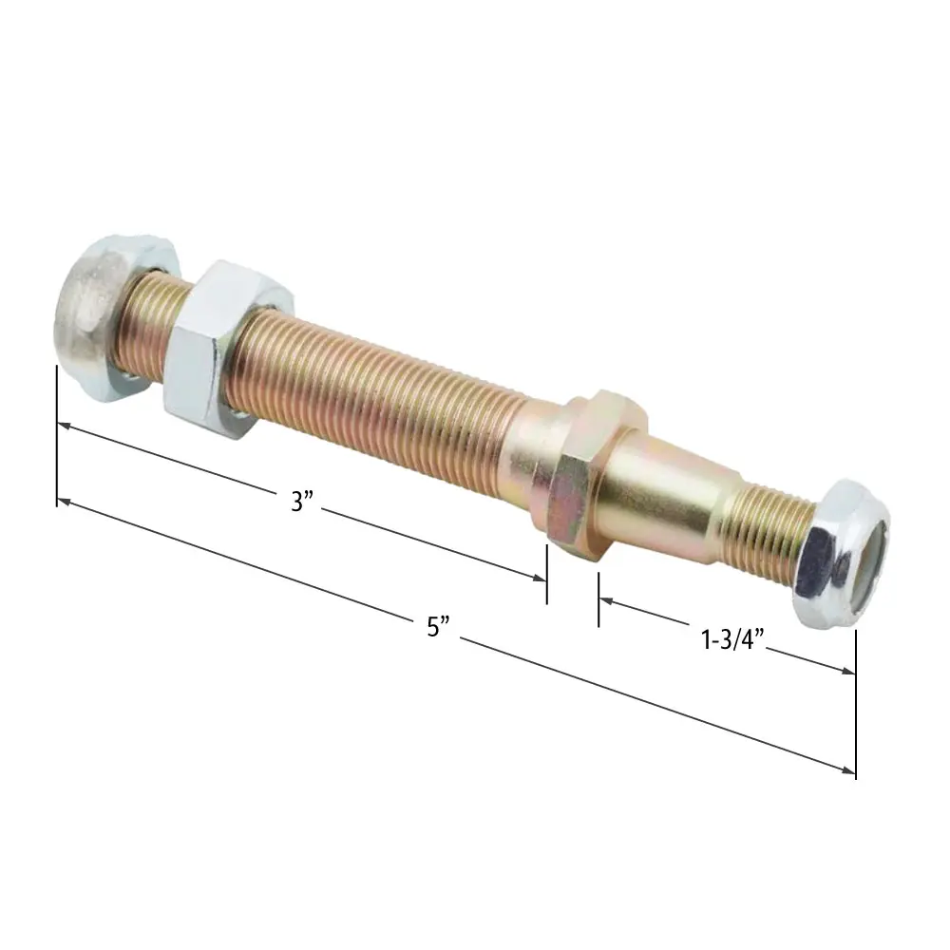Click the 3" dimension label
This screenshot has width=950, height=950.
(301, 502)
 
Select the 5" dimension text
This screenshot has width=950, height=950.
(438, 626)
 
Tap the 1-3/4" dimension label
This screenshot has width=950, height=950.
(732, 639)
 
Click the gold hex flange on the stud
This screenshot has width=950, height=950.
(583, 472)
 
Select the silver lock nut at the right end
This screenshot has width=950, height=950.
(842, 554)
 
